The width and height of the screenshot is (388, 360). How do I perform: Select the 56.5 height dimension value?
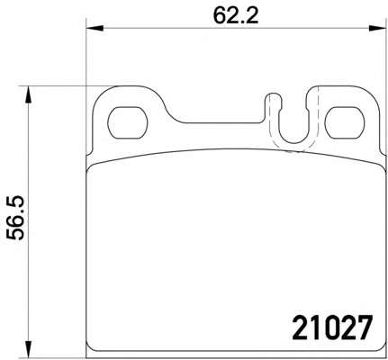[15, 218]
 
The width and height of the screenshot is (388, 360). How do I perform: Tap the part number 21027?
[332, 328]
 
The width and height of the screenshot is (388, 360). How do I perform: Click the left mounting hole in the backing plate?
[128, 122]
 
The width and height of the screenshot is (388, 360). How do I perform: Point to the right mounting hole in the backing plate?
[345, 122]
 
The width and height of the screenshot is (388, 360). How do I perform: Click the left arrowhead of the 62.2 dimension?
[95, 29]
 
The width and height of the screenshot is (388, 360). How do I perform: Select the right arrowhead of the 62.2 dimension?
[377, 29]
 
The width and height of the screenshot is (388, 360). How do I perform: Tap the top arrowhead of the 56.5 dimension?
[28, 94]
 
